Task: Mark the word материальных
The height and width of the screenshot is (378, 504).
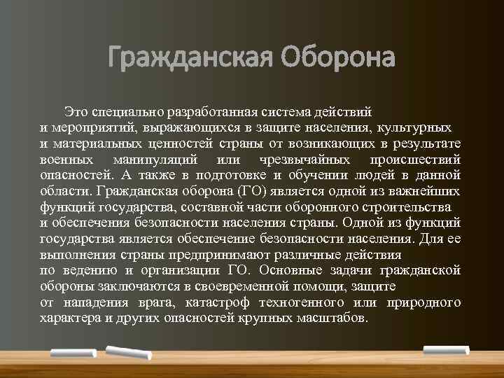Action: pos(96,145)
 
